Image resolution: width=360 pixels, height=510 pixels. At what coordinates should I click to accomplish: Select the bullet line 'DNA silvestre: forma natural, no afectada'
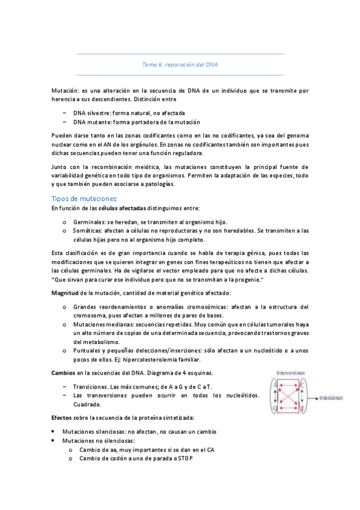pos(129,112)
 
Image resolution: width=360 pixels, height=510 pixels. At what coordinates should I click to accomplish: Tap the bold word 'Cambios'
pos(64,373)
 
